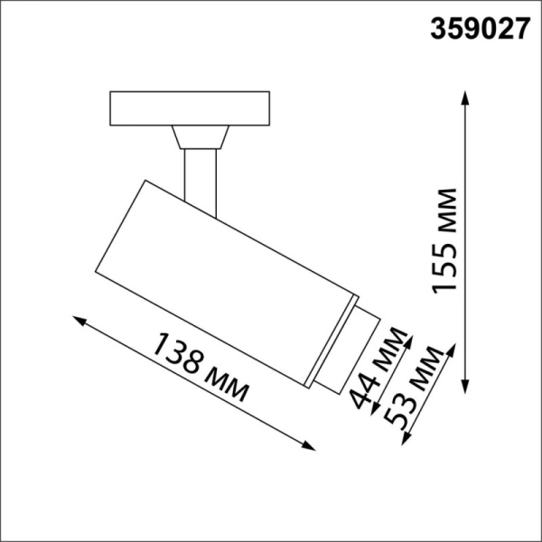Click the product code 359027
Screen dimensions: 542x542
[x=479, y=29]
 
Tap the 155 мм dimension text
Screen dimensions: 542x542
[x=444, y=241]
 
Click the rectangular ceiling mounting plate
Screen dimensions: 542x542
[x=191, y=107]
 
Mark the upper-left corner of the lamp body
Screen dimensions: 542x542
[x=142, y=180]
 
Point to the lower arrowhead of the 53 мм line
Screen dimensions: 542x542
[x=404, y=440]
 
